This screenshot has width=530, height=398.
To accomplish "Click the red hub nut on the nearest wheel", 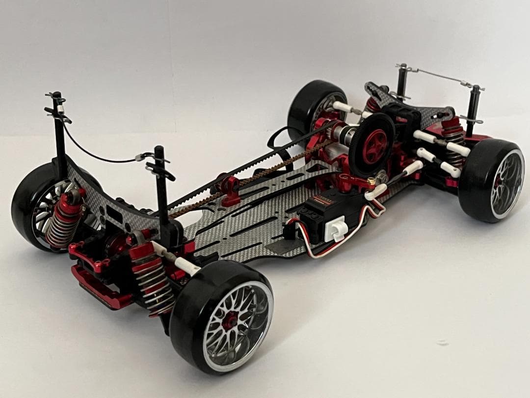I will tap(229, 320).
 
